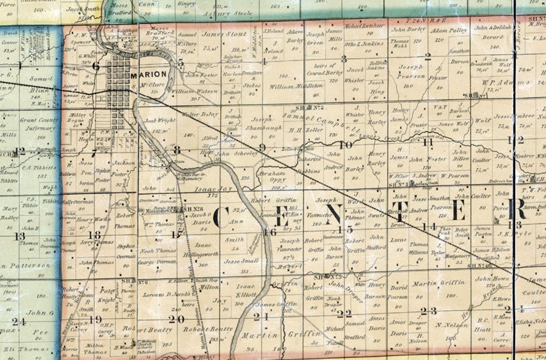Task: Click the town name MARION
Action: point(148,74)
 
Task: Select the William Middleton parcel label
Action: point(289,87)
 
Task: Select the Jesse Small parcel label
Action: point(242,261)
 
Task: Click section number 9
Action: point(262,147)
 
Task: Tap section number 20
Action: point(176,319)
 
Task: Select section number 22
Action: point(344,314)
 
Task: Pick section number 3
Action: point(343,59)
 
